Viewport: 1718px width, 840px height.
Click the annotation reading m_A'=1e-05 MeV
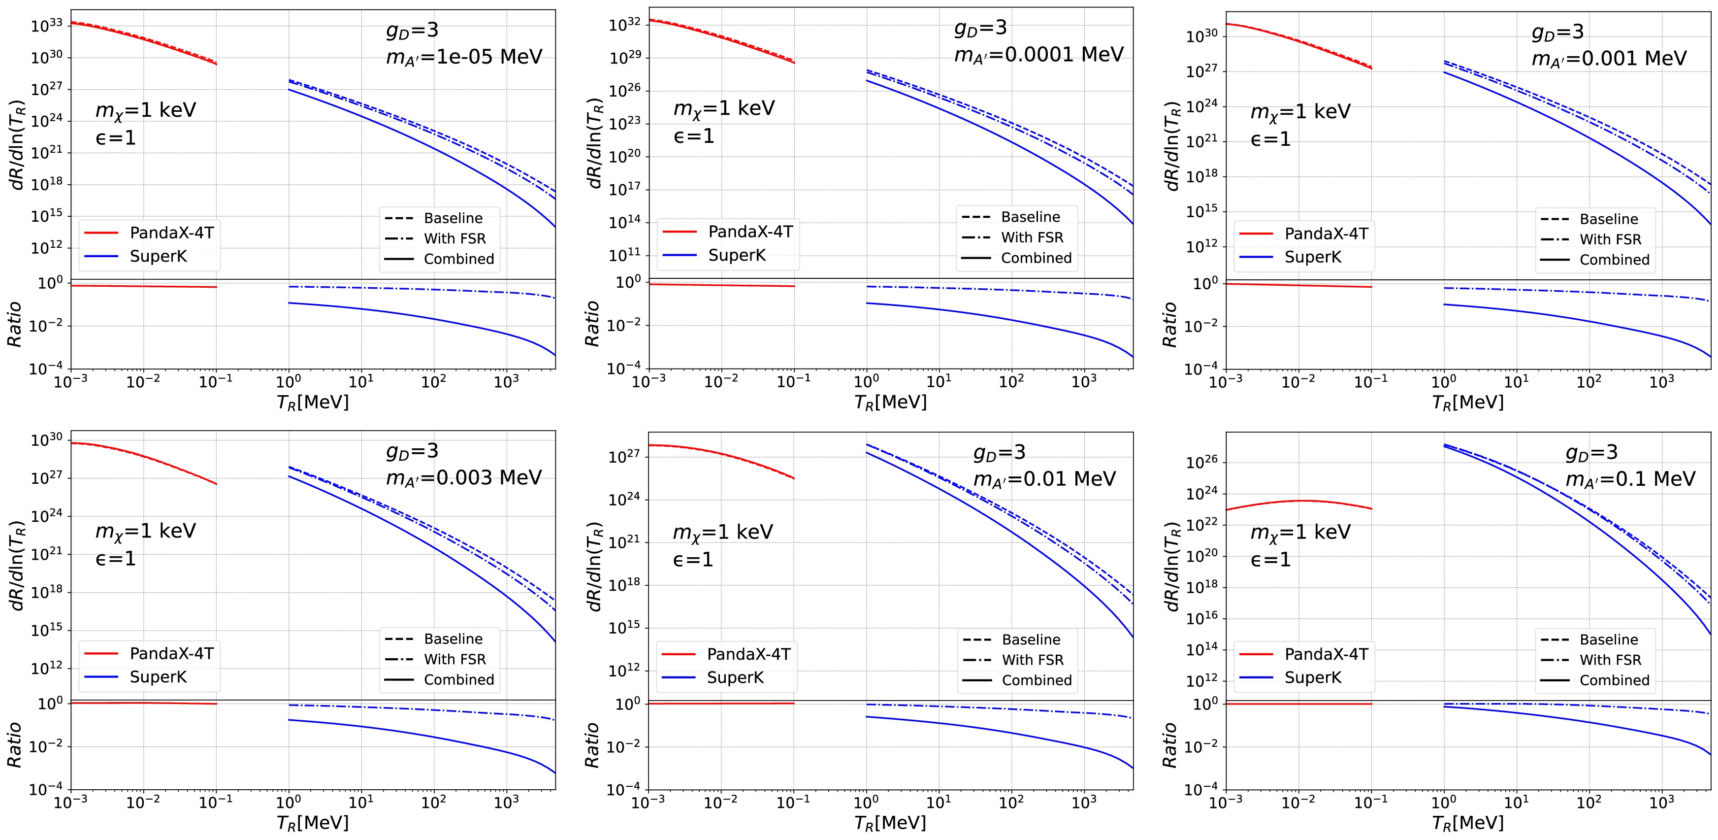[x=464, y=57]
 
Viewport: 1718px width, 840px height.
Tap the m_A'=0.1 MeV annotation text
[x=1630, y=479]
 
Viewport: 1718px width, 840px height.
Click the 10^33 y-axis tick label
[x=47, y=25]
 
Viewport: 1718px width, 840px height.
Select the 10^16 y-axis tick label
[x=1202, y=618]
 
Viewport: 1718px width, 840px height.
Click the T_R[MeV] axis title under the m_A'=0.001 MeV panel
[x=1468, y=403]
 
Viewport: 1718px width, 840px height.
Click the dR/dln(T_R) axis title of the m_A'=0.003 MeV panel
[x=17, y=565]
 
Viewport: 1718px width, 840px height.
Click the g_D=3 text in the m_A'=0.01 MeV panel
[x=999, y=453]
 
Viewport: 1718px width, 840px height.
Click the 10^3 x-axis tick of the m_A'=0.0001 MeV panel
[x=1084, y=382]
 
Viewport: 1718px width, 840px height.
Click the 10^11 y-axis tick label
[x=625, y=255]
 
